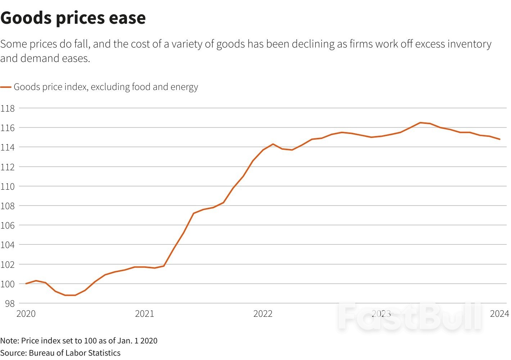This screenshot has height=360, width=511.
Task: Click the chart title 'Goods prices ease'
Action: point(73,18)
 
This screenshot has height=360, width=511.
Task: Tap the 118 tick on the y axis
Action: point(8,108)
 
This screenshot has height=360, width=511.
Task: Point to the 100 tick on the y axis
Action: point(8,284)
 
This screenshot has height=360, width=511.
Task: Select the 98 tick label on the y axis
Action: point(9,303)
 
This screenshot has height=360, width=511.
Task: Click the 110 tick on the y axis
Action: point(8,186)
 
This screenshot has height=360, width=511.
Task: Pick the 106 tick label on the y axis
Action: point(8,225)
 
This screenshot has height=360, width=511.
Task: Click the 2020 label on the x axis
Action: point(26,314)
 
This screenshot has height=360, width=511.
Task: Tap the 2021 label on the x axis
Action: point(144,314)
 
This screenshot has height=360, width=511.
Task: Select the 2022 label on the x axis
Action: point(263,314)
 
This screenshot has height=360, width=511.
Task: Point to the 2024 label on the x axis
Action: point(499,314)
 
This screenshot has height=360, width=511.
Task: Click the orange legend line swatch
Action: point(6,87)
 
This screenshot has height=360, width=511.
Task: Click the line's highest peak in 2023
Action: point(420,123)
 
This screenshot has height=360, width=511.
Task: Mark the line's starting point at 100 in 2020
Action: point(26,284)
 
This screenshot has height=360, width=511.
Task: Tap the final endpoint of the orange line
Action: point(500,139)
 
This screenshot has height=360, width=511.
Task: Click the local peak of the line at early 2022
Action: point(273,144)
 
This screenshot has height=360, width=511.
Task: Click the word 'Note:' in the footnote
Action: point(10,341)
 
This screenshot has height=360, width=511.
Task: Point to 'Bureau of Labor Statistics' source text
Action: point(74,353)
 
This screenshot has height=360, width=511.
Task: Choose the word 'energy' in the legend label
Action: point(184,87)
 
